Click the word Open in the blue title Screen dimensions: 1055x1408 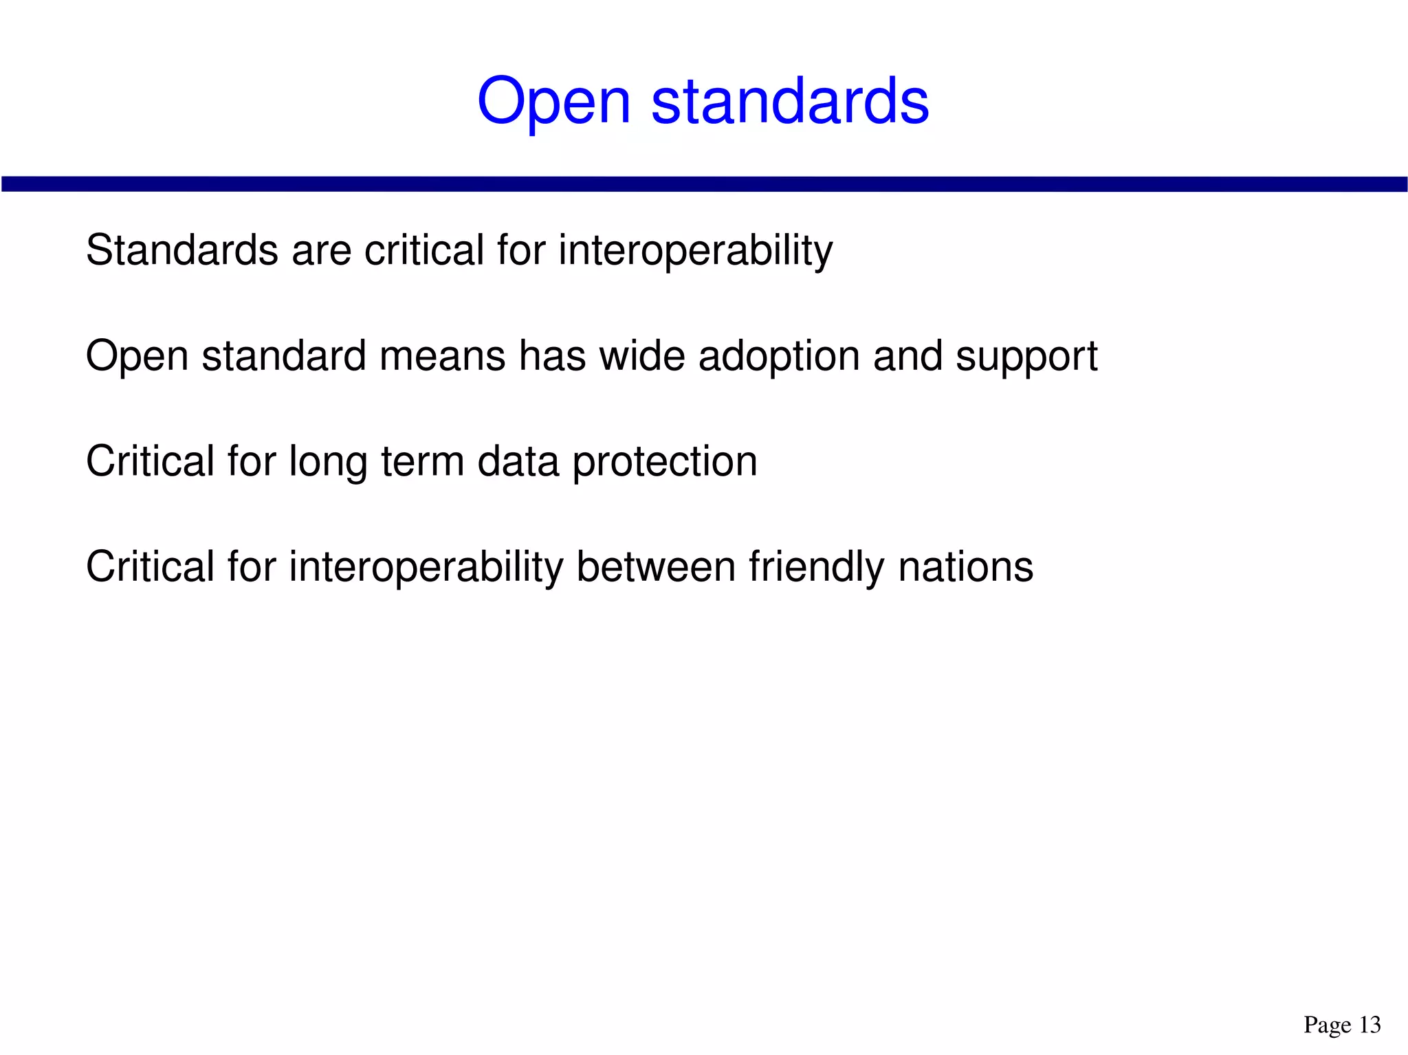tap(553, 102)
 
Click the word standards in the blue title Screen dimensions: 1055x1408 tap(790, 102)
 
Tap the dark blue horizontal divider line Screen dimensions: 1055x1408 tap(704, 184)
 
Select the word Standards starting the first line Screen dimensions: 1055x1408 tap(182, 250)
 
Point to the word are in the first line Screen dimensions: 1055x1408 tap(322, 252)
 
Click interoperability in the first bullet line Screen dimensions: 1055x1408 tap(695, 252)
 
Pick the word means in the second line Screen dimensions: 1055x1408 tap(442, 357)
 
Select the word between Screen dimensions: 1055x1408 tap(656, 568)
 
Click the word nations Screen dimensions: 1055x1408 tap(965, 568)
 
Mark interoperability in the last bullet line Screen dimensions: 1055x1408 tap(426, 568)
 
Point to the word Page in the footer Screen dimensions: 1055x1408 tap(1327, 1025)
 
